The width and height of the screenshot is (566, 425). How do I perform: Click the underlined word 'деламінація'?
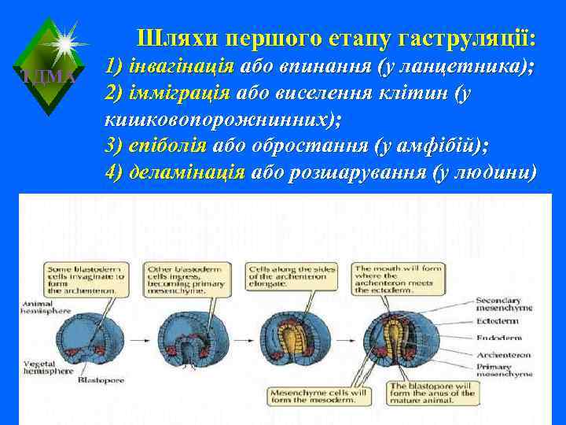coord(186,172)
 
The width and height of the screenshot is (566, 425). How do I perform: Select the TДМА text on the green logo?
coord(48,76)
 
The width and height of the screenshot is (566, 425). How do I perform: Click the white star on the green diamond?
coord(63,37)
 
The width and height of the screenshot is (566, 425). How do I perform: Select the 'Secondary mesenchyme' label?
coord(509,305)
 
